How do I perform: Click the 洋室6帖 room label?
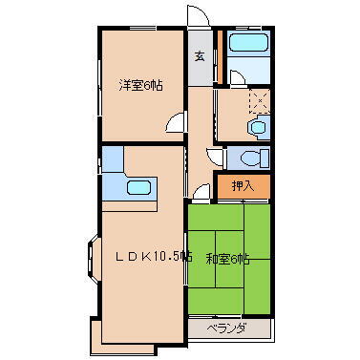140,84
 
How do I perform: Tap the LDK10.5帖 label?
154,256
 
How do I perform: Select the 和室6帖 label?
228,258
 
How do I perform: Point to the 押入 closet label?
244,186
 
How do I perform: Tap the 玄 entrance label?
201,55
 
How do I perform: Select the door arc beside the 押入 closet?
202,193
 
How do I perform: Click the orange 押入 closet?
244,187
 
